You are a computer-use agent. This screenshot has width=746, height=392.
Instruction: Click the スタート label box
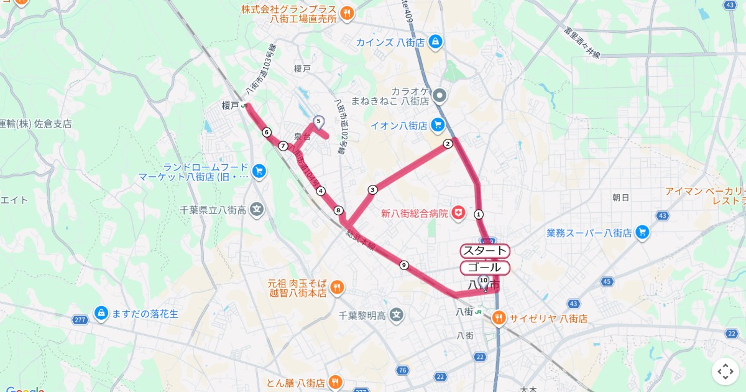[x=485, y=251]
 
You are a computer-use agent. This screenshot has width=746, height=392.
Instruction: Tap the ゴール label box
[x=485, y=268]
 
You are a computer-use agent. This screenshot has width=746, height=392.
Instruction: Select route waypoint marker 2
[x=448, y=144]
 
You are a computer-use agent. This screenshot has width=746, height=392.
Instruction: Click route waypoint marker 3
[x=372, y=190]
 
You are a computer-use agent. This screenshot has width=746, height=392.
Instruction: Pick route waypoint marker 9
[x=404, y=265]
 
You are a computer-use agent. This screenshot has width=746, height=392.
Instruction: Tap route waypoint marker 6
[x=267, y=132]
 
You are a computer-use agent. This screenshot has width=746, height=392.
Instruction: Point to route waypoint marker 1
[x=479, y=213]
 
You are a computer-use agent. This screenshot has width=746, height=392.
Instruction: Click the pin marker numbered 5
[x=318, y=122]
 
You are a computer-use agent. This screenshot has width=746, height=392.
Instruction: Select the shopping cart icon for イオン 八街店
[x=437, y=125]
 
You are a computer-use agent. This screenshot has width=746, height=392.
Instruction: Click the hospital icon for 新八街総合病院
[x=459, y=213]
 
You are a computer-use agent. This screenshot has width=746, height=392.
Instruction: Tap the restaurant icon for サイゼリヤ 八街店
[x=499, y=319]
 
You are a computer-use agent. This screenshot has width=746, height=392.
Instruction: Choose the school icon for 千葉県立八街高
[x=257, y=210]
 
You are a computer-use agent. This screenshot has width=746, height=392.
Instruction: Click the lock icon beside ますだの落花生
[x=101, y=314]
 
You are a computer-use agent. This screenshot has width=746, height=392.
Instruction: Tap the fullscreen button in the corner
[x=725, y=371]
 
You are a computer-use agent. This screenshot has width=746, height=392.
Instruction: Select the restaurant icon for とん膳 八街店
[x=336, y=382]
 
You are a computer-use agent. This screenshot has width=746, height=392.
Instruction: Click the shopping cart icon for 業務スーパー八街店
[x=642, y=233]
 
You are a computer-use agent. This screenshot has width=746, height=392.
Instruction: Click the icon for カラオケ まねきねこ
[x=440, y=96]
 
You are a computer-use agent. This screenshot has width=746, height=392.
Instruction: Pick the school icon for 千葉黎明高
[x=397, y=315]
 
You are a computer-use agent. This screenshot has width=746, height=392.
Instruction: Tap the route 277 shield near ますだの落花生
[x=79, y=320]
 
